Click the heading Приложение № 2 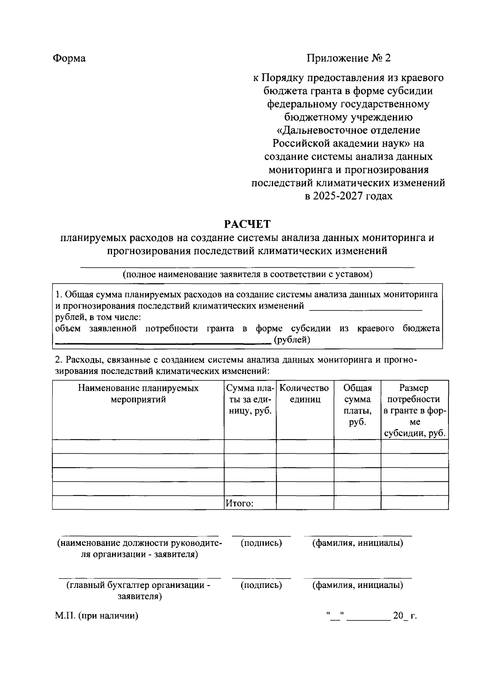(x=348, y=58)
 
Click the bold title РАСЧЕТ (x=248, y=224)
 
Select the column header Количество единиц (x=304, y=394)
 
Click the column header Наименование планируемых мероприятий (x=138, y=394)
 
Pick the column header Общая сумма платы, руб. (x=358, y=405)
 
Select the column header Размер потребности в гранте (x=414, y=410)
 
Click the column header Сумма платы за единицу (x=250, y=400)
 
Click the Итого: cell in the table (x=240, y=503)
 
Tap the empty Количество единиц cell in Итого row (x=305, y=503)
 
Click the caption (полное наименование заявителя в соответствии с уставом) (x=248, y=274)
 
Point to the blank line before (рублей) (x=162, y=342)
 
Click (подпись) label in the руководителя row (x=261, y=543)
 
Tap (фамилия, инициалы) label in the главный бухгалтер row (x=358, y=585)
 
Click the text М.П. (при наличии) (x=97, y=616)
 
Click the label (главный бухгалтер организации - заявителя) (x=139, y=591)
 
